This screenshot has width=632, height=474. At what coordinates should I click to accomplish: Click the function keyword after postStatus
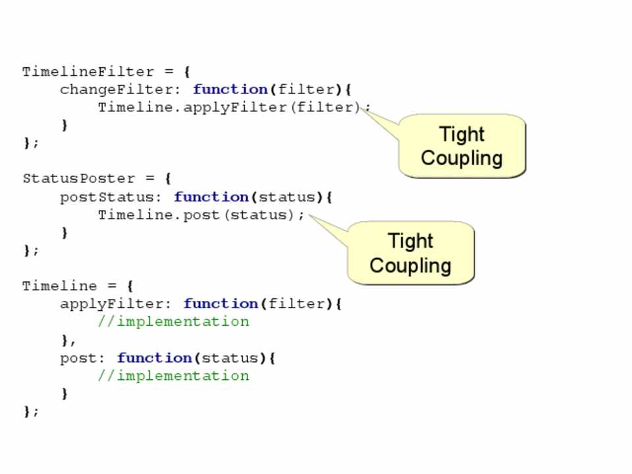point(211,197)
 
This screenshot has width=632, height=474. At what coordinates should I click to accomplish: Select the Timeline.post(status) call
point(201,215)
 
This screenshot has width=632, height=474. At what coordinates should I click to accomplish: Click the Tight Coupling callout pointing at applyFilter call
point(461,146)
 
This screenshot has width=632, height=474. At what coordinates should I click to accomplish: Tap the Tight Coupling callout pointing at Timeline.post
point(410,253)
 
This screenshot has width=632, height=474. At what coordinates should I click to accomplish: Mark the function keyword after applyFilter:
point(221,304)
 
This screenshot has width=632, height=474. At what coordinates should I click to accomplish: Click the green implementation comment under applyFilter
point(173,322)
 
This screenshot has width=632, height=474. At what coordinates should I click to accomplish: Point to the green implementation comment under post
point(173,376)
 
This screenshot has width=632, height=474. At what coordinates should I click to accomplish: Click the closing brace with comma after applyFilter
point(68,340)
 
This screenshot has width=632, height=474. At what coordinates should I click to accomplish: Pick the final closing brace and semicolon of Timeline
point(31,411)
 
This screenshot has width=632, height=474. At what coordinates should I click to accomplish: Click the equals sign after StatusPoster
point(149,179)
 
